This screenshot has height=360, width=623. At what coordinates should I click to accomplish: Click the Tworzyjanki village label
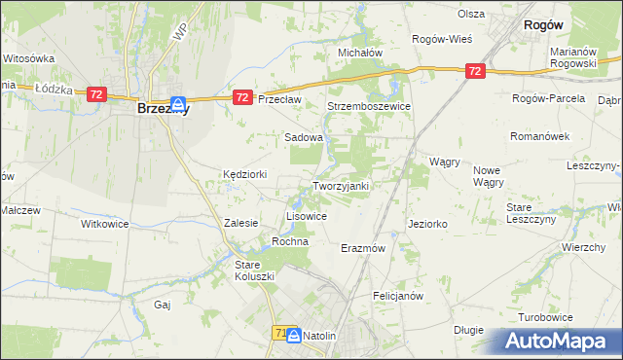pos(340,186)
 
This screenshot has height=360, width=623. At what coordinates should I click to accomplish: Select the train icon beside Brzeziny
pos(179,104)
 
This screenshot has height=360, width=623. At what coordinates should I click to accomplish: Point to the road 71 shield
pos(277,334)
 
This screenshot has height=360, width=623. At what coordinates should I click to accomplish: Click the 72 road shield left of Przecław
pos(243,97)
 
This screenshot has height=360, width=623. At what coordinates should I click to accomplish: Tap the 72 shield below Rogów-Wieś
pos(474,71)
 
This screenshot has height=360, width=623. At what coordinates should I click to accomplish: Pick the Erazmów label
pos(363,248)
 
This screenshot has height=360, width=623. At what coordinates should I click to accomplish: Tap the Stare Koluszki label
pos(255,270)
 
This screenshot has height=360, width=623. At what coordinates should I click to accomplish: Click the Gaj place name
pos(163,305)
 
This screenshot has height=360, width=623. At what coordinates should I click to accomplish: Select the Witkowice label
pos(104,223)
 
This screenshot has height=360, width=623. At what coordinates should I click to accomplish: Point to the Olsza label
pos(471,14)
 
